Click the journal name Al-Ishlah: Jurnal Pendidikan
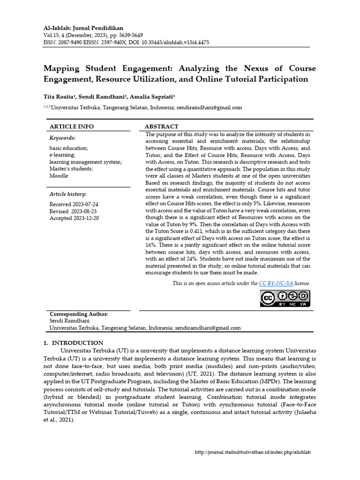pos(83,28)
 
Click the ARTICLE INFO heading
pos(72,127)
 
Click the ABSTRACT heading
pos(161,127)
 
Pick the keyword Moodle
pos(59,176)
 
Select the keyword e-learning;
pos(62,155)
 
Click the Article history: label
pos(68,194)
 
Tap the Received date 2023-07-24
pos(86,204)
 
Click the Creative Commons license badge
pos(285,298)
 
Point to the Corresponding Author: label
pos(79,314)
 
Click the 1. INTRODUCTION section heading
pos(73,343)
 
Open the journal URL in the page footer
pos(253,452)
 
